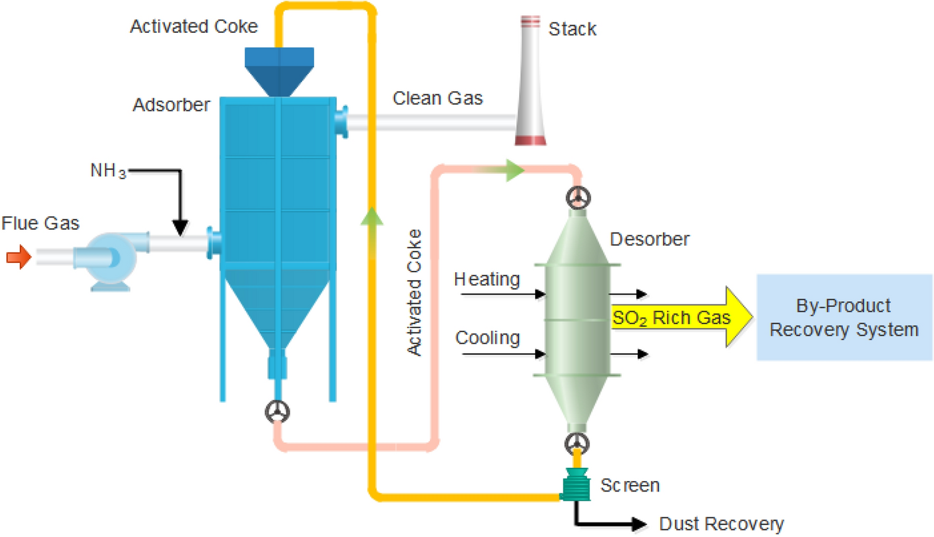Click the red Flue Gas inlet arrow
(19, 256)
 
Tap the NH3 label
(108, 171)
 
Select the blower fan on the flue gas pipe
(106, 260)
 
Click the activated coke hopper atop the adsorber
(280, 71)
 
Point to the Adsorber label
(171, 105)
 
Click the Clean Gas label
(438, 98)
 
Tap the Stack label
(572, 29)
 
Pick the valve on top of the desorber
(578, 197)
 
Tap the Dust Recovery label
(722, 524)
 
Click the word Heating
(487, 279)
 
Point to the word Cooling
(487, 338)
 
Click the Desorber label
(650, 239)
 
